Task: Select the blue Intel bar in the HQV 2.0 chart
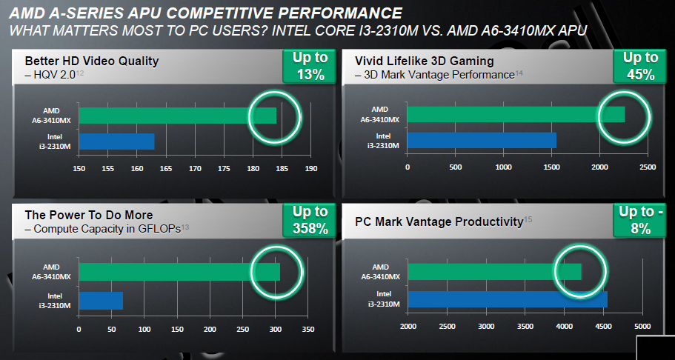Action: pyautogui.click(x=116, y=141)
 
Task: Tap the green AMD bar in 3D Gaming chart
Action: pyautogui.click(x=515, y=114)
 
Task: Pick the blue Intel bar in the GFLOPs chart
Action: pyautogui.click(x=101, y=300)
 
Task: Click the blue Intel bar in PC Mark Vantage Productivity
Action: pyautogui.click(x=507, y=299)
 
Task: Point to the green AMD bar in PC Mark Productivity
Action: pyautogui.click(x=494, y=272)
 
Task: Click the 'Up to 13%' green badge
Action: pyautogui.click(x=305, y=66)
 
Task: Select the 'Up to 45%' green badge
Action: pyautogui.click(x=635, y=66)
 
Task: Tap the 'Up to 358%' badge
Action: pyautogui.click(x=305, y=221)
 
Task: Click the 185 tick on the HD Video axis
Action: pyautogui.click(x=282, y=168)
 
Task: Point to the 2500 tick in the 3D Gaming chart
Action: pyautogui.click(x=646, y=167)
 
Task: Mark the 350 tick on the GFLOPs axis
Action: pyautogui.click(x=307, y=329)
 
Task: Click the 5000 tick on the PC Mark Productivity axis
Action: pyautogui.click(x=642, y=327)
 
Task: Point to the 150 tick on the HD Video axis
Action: pyautogui.click(x=79, y=168)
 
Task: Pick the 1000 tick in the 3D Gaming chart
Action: pyautogui.click(x=503, y=167)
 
